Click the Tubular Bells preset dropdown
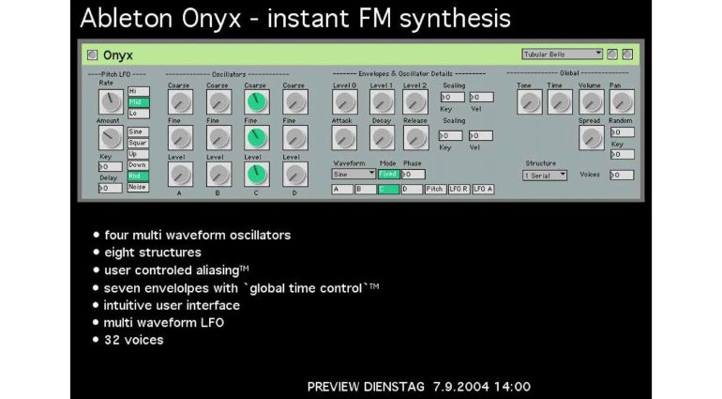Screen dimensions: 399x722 (x=563, y=54)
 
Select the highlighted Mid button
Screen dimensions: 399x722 (x=137, y=102)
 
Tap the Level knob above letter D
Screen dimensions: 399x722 (x=293, y=174)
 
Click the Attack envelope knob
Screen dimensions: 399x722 (x=344, y=138)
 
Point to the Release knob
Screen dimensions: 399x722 (x=415, y=138)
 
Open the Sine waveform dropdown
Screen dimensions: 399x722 (x=353, y=175)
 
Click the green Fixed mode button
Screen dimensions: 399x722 (x=388, y=175)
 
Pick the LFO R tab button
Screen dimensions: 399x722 (x=459, y=190)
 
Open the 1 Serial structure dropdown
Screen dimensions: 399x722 (x=545, y=176)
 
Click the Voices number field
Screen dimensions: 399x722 (x=621, y=176)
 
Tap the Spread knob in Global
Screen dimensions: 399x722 (x=590, y=138)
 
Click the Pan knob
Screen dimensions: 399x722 (x=621, y=101)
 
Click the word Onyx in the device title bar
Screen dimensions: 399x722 (x=118, y=55)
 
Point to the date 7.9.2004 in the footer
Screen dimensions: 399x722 (x=462, y=386)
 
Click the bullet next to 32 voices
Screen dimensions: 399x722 (x=97, y=340)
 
